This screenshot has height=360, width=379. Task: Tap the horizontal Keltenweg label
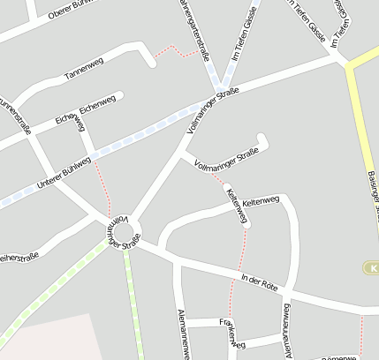260,202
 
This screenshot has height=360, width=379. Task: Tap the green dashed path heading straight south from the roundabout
134,300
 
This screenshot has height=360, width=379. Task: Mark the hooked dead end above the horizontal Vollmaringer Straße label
261,139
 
